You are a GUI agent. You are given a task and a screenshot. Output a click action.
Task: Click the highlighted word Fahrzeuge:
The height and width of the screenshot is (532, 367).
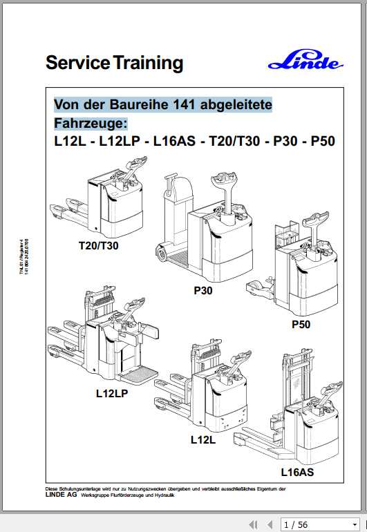91,123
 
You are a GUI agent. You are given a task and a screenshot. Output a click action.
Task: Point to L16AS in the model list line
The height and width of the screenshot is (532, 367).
172,142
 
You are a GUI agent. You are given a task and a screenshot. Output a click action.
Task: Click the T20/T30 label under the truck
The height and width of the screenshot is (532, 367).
98,245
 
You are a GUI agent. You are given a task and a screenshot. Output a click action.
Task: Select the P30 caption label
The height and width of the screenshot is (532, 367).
203,292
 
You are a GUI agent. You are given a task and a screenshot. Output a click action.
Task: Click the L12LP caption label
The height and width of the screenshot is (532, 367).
112,395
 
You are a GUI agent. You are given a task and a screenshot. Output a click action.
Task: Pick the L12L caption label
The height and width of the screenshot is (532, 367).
203,438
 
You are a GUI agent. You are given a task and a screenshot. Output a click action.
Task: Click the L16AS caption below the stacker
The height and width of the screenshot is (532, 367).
297,473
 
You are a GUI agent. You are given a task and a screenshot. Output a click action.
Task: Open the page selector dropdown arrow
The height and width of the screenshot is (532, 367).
355,524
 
